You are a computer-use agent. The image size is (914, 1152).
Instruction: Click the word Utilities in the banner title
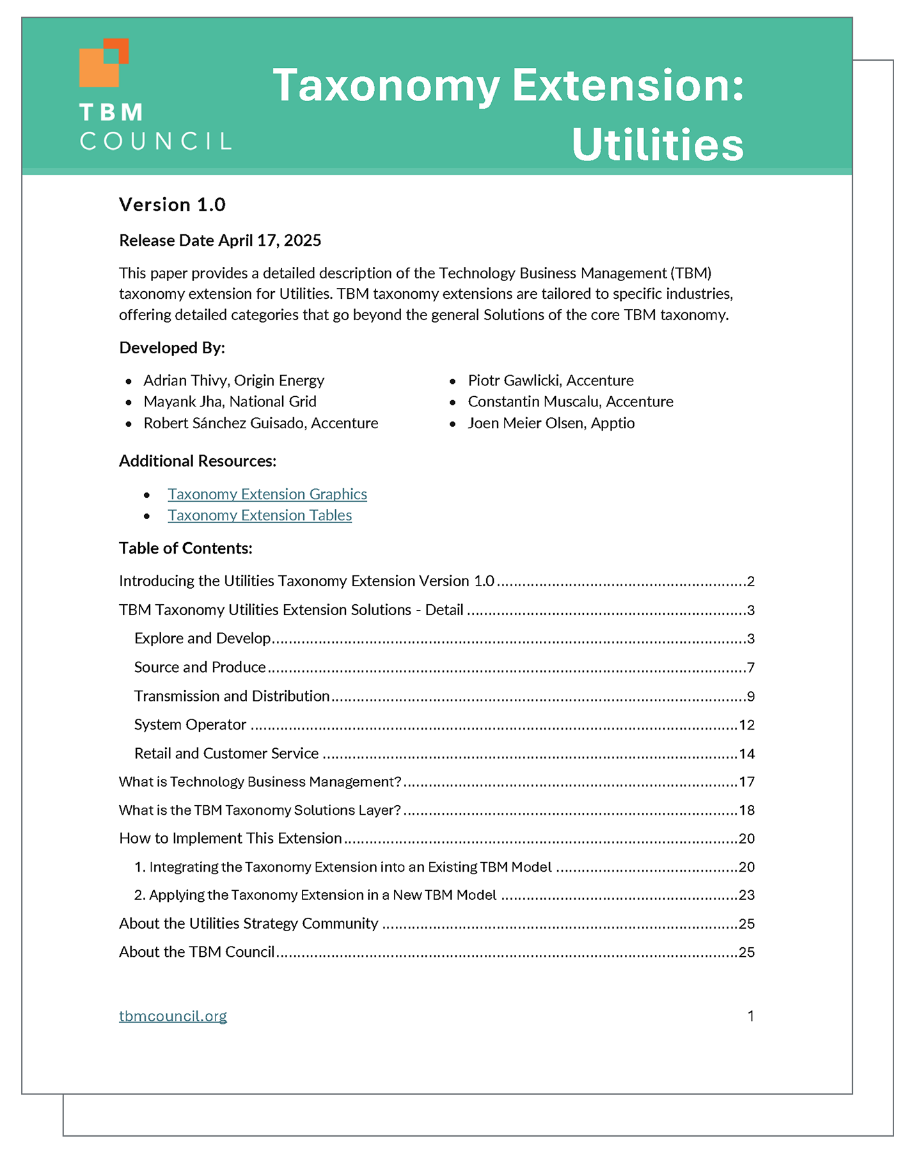point(658,145)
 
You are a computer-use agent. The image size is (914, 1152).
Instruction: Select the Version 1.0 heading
point(172,205)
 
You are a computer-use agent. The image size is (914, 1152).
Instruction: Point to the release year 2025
point(303,241)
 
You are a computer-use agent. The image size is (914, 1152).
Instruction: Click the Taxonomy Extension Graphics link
point(267,494)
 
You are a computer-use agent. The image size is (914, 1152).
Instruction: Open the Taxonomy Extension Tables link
point(260,515)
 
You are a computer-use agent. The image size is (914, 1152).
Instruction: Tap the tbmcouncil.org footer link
point(173,1016)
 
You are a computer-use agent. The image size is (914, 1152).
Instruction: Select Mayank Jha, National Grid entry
point(230,401)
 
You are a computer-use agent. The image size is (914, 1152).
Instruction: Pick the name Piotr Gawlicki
point(515,380)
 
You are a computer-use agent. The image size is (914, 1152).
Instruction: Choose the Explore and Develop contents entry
point(203,638)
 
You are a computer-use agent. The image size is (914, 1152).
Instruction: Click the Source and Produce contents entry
point(200,667)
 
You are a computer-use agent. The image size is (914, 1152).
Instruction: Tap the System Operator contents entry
point(190,724)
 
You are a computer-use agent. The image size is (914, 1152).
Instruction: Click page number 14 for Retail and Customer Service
point(746,754)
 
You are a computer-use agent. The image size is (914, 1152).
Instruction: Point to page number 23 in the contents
point(746,895)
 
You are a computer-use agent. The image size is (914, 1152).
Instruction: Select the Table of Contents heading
point(185,548)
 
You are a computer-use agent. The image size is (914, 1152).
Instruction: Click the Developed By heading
point(172,348)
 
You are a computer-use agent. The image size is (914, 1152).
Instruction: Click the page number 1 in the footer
point(750,1016)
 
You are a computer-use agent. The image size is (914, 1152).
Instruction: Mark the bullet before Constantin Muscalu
point(452,403)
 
